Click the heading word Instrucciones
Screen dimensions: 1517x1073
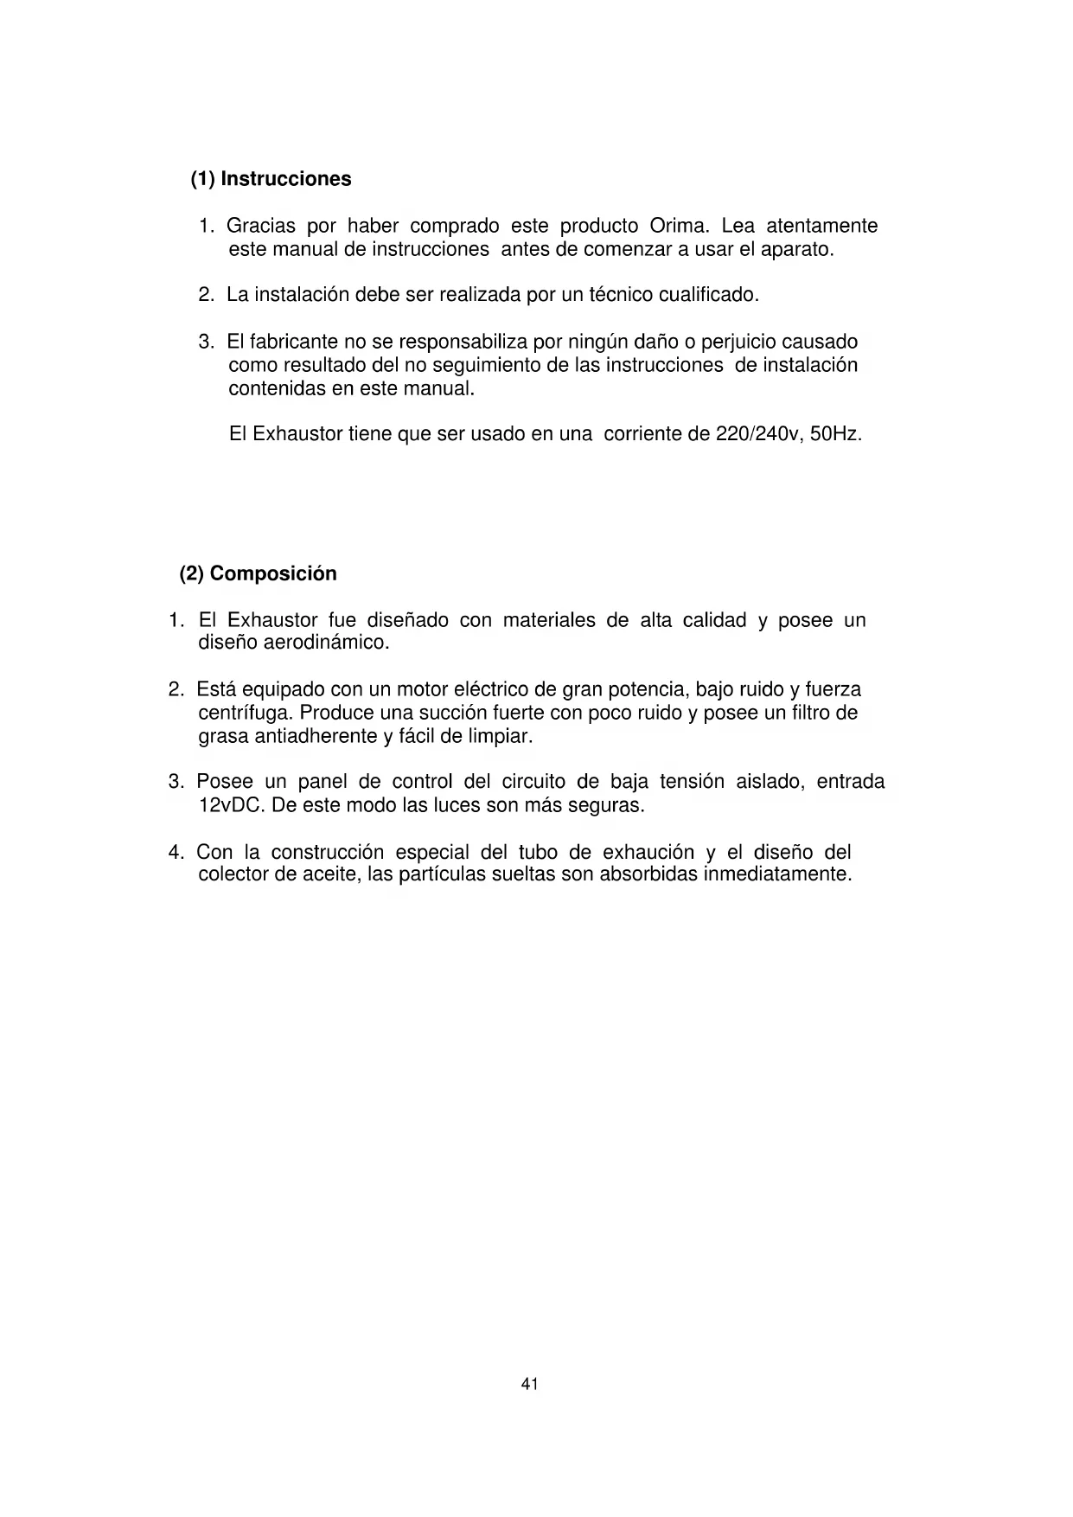(286, 179)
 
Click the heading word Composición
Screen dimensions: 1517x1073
(273, 573)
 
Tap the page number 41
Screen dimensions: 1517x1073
(530, 1384)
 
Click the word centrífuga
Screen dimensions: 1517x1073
(246, 714)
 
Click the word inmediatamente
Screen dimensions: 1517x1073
(777, 874)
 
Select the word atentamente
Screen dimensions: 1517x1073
(821, 227)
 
